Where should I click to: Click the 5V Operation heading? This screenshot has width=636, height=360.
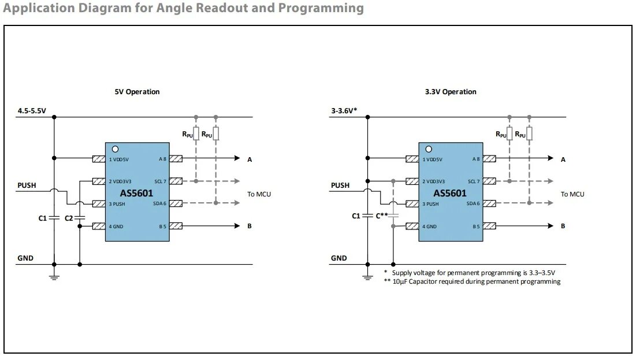coord(137,92)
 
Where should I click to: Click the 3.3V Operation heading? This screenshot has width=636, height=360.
coord(451,92)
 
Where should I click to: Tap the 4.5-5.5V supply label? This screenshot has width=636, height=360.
coord(32,111)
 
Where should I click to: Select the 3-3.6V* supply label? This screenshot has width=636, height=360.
coord(344,111)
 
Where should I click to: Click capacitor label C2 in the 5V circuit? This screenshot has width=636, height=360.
coord(69,218)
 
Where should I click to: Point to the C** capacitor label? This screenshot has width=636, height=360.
coord(382,216)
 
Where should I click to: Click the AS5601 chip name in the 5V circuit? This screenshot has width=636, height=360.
coord(137,193)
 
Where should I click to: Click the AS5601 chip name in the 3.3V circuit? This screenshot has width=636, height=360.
coord(450,193)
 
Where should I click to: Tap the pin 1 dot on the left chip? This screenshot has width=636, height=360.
coord(115,149)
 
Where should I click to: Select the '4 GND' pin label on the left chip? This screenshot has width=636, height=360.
coord(116,227)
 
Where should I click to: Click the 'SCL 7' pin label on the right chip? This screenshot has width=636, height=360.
coord(474,181)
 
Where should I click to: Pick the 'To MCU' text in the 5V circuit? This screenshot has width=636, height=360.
coord(259,194)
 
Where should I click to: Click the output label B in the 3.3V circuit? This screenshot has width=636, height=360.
coord(563,226)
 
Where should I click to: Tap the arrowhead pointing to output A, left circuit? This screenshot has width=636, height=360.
coord(237,158)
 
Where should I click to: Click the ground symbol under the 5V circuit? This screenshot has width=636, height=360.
coord(54,277)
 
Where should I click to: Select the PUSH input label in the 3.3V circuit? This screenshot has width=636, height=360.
coord(340,185)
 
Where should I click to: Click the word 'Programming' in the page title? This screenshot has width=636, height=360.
coord(321,8)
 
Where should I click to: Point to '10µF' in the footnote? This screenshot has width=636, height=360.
coord(400,281)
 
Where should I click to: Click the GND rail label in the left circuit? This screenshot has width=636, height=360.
coord(25,258)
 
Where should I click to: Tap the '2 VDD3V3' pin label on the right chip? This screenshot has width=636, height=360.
coord(434,181)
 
